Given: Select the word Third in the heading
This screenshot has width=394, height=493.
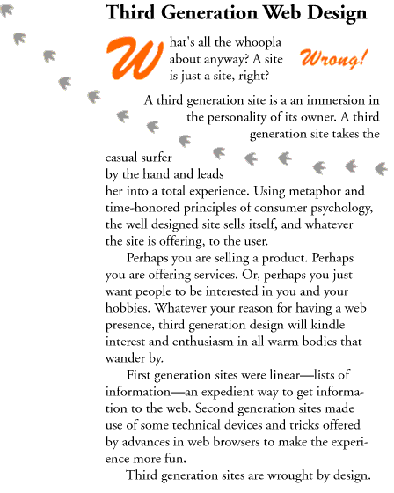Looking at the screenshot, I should coord(128,15).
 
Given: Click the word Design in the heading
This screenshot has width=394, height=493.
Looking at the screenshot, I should coord(338,15).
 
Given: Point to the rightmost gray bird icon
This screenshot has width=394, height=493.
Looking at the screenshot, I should coord(382,166).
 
